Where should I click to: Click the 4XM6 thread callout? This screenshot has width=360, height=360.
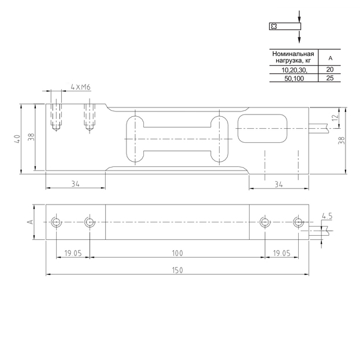click(x=80, y=87)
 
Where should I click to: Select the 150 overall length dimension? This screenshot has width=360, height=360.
click(x=177, y=270)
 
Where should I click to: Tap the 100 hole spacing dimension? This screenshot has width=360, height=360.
click(x=177, y=253)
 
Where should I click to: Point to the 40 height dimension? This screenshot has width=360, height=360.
click(x=17, y=139)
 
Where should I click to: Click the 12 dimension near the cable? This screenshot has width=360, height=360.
click(x=335, y=117)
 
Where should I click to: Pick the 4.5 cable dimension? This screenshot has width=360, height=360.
click(x=327, y=216)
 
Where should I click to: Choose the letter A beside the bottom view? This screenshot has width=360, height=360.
click(x=30, y=222)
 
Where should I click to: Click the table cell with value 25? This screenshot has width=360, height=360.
click(x=330, y=78)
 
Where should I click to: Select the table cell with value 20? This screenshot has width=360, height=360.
click(x=330, y=69)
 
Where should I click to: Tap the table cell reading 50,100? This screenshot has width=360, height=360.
click(x=294, y=79)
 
